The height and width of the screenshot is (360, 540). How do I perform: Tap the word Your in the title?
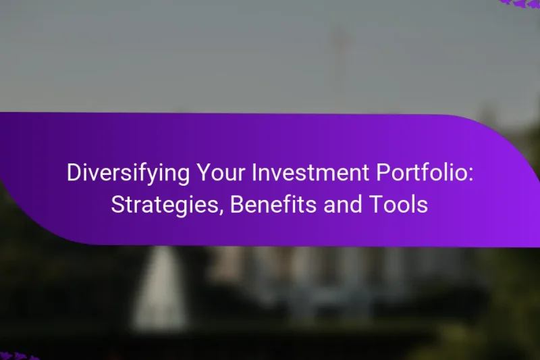[213, 174]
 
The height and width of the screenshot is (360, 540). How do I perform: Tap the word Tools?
[404, 205]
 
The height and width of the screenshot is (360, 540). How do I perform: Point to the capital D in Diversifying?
[72, 174]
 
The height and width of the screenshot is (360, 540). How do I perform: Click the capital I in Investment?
[253, 174]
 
